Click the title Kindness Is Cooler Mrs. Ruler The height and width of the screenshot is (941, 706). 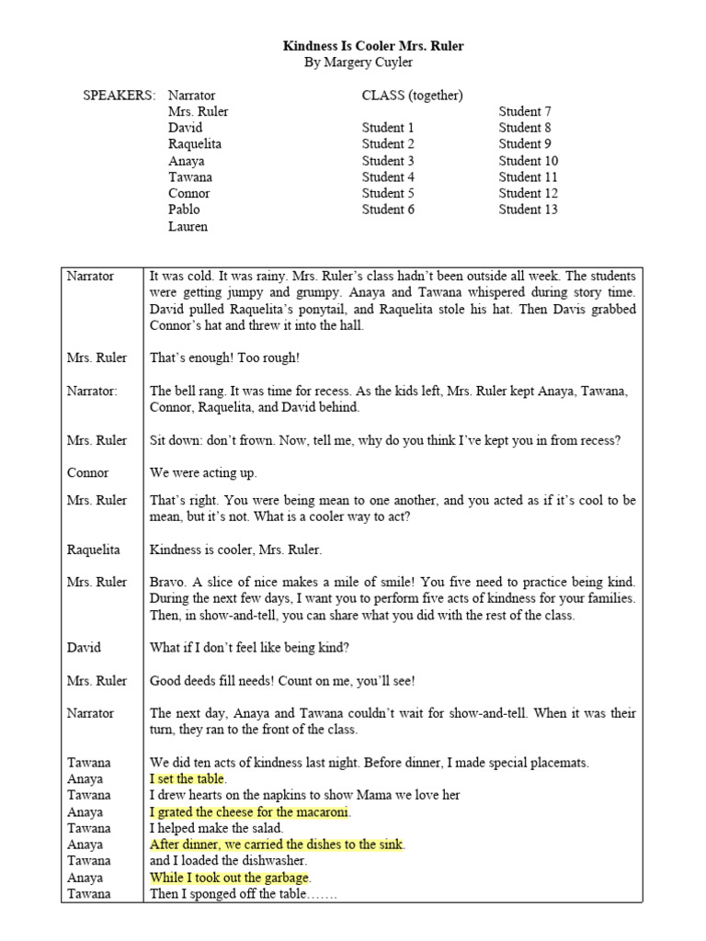(x=353, y=45)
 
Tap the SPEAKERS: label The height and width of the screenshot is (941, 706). (x=120, y=95)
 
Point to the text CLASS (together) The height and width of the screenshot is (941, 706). (x=412, y=95)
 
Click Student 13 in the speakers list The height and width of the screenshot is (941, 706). (x=528, y=210)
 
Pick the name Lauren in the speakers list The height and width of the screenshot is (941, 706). (x=188, y=226)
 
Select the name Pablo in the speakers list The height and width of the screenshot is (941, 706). (x=184, y=210)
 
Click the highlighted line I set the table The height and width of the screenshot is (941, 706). (x=188, y=778)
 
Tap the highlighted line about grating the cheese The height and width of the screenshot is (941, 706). (x=250, y=811)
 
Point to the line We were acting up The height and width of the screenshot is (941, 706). (x=203, y=472)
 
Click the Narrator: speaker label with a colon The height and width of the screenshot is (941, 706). (x=92, y=391)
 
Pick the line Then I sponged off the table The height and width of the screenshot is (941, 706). (x=242, y=893)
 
